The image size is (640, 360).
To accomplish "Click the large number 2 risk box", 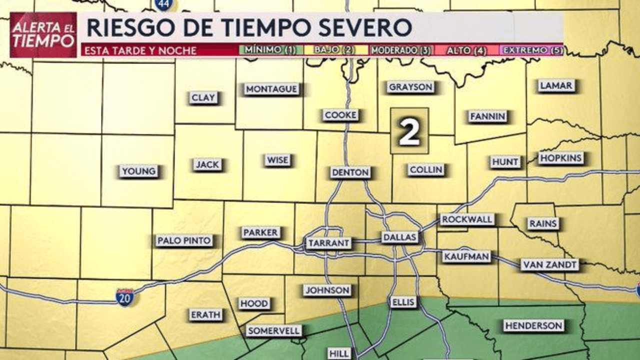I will pyautogui.click(x=409, y=131).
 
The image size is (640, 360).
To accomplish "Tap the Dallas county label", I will pyautogui.click(x=400, y=237).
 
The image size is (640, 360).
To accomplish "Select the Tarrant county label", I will pyautogui.click(x=328, y=243).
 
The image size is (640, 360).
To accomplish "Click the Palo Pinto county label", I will pyautogui.click(x=184, y=240).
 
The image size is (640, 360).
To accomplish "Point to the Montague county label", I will pyautogui.click(x=271, y=89).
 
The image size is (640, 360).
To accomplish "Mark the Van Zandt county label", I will pyautogui.click(x=549, y=264).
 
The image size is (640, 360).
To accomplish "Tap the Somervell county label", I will pyautogui.click(x=274, y=330).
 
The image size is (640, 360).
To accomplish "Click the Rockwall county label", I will pyautogui.click(x=467, y=219).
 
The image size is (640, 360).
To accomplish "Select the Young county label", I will pyautogui.click(x=138, y=171).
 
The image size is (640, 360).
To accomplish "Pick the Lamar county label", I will pyautogui.click(x=556, y=85).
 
